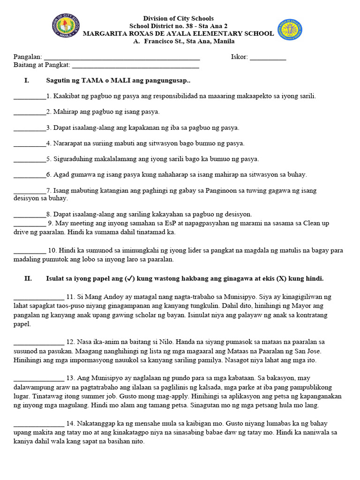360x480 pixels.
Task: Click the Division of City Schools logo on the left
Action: click(66, 29)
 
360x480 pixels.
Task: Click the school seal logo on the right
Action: click(289, 30)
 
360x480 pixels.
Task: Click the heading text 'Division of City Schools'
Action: click(178, 18)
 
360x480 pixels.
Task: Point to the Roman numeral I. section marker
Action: click(26, 81)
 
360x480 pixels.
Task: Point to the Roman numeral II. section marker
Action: click(28, 278)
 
